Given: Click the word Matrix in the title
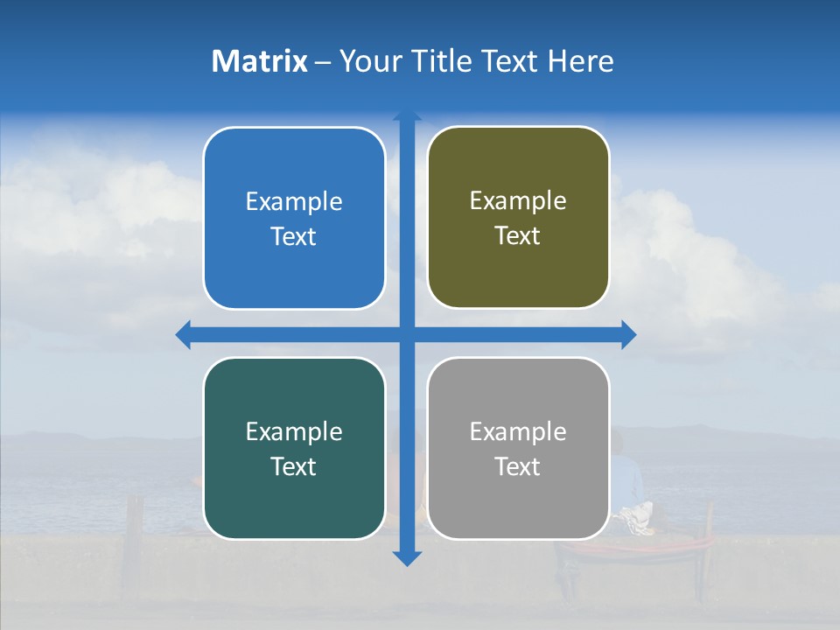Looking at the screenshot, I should [260, 61].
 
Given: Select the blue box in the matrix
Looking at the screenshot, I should [294, 218].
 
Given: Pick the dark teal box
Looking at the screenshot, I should [294, 448].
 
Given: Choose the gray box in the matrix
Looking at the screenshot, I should [518, 448].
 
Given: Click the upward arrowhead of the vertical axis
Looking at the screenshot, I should [407, 116].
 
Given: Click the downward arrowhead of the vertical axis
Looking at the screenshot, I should [407, 558].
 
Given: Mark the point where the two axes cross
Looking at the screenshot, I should [407, 335].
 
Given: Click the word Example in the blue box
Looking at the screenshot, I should [294, 202].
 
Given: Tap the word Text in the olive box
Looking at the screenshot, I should [518, 236].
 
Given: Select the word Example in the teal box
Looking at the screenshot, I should [294, 432].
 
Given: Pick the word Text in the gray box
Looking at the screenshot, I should [518, 467].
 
